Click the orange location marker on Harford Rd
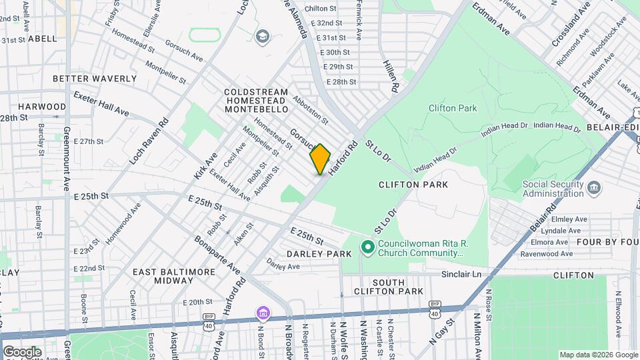[x=320, y=159]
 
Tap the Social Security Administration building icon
[x=593, y=189]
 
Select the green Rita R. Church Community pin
[x=367, y=248]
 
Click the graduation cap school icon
[x=263, y=35]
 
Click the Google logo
[x=22, y=351]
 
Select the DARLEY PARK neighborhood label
[x=319, y=254]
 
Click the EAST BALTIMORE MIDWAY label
[x=164, y=277]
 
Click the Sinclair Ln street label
[x=460, y=274]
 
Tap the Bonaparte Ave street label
[x=217, y=255]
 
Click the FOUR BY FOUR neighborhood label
[x=607, y=241]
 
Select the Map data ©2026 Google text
[x=597, y=355]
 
